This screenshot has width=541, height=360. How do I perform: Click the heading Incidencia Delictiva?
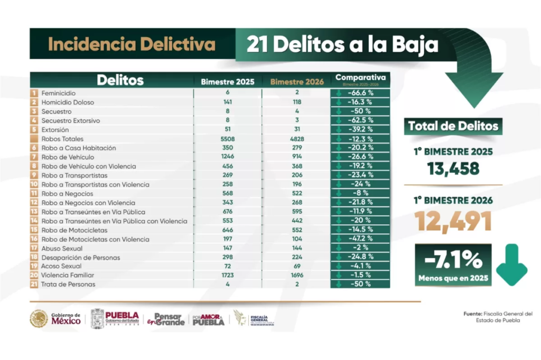point(132,45)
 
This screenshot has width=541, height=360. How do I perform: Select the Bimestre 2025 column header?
point(227,82)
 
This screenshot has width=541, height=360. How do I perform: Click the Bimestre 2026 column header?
point(296,82)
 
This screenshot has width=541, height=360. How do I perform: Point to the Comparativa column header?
point(361,80)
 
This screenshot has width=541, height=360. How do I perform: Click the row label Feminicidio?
point(59,93)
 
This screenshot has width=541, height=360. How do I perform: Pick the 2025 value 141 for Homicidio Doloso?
point(228,102)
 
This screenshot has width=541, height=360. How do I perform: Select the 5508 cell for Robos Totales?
point(228,139)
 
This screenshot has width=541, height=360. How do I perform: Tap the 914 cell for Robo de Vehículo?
point(296,157)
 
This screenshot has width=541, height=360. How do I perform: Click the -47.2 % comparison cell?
point(361,239)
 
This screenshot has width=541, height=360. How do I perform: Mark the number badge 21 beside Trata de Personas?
point(34,285)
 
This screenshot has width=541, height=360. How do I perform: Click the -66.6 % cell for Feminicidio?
point(361,93)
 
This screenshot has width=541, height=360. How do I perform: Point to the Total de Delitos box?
point(453,126)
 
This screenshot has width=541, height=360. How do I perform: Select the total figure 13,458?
point(453,168)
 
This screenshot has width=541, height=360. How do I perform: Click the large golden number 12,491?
point(453,221)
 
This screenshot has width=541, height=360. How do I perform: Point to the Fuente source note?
point(494,317)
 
